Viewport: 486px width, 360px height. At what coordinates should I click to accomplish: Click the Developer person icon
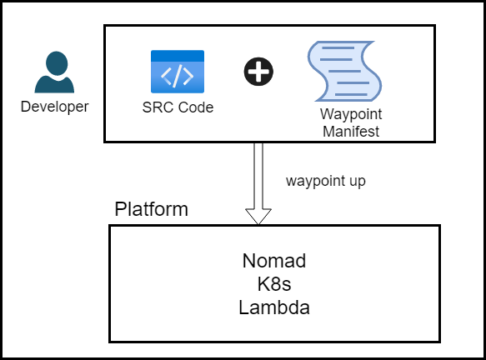click(x=54, y=73)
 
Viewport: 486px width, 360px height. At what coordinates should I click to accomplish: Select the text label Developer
click(x=54, y=106)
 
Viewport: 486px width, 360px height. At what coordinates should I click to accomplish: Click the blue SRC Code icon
click(x=178, y=71)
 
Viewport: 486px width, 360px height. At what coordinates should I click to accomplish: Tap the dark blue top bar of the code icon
click(x=178, y=55)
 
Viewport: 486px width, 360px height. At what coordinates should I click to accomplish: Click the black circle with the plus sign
click(x=258, y=72)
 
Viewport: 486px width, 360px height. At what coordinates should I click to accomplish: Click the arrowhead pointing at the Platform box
click(x=258, y=215)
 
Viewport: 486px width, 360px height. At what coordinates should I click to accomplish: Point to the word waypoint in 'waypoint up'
click(x=311, y=181)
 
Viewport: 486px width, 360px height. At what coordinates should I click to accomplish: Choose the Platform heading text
click(x=151, y=209)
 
